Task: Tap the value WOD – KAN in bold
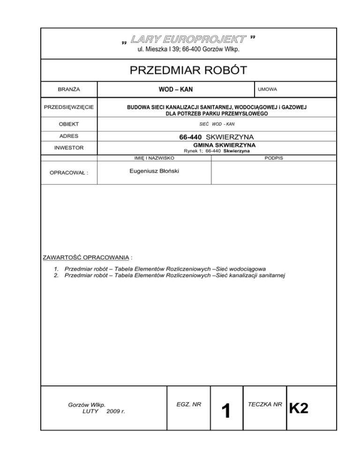[x=174, y=89]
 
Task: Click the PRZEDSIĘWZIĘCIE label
[x=68, y=107]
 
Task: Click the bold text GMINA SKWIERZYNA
[x=216, y=145]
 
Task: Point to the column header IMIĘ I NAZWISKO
[x=148, y=158]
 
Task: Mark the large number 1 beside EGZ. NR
[x=226, y=412]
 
